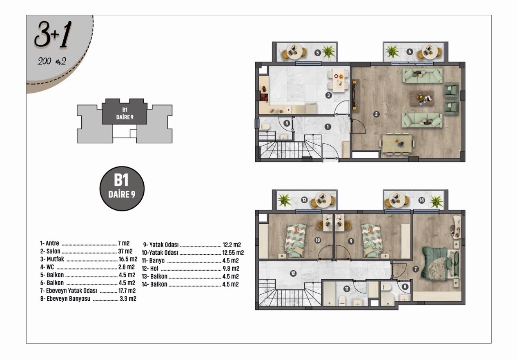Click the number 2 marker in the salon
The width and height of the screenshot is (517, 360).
pyautogui.click(x=377, y=114)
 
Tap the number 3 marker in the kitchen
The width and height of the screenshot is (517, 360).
pyautogui.click(x=328, y=95)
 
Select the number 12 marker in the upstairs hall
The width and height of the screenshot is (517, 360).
pyautogui.click(x=293, y=273)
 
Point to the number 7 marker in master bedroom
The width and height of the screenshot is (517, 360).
pyautogui.click(x=416, y=269)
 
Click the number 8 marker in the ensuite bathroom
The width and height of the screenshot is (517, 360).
pyautogui.click(x=405, y=287)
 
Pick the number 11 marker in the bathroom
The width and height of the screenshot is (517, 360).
pyautogui.click(x=346, y=289)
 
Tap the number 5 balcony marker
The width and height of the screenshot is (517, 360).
pyautogui.click(x=318, y=53)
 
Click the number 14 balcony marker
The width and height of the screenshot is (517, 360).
pyautogui.click(x=422, y=200)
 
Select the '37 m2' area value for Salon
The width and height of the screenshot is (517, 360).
pyautogui.click(x=125, y=251)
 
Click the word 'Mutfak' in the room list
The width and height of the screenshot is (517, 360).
pyautogui.click(x=55, y=259)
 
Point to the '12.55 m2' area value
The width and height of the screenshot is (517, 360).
pyautogui.click(x=233, y=253)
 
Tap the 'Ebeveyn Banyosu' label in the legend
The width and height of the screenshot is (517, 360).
pyautogui.click(x=68, y=299)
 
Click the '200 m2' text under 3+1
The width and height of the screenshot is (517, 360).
pyautogui.click(x=52, y=61)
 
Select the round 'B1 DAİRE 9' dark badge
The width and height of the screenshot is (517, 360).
pyautogui.click(x=122, y=189)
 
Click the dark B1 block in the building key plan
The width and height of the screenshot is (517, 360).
pyautogui.click(x=125, y=111)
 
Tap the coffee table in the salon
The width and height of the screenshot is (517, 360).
pyautogui.click(x=421, y=98)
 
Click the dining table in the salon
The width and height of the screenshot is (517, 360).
pyautogui.click(x=397, y=144)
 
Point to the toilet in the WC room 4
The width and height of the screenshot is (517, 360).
pyautogui.click(x=265, y=127)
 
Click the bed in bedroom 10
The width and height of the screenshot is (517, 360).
pyautogui.click(x=296, y=240)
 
